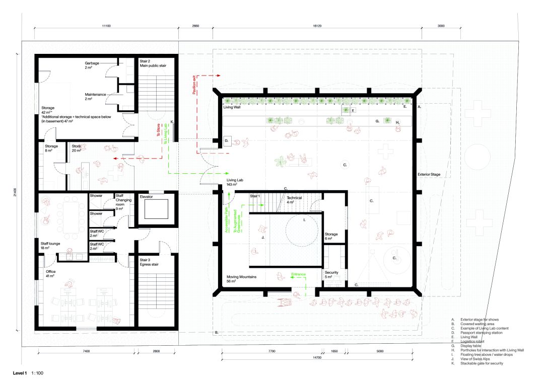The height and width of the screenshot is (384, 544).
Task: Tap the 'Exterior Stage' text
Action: (x=429, y=175)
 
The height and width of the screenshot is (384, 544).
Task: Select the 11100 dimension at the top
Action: (x=106, y=25)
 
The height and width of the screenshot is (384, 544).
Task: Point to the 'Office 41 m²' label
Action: (x=51, y=274)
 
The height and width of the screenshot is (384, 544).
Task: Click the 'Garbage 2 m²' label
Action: (x=92, y=65)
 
